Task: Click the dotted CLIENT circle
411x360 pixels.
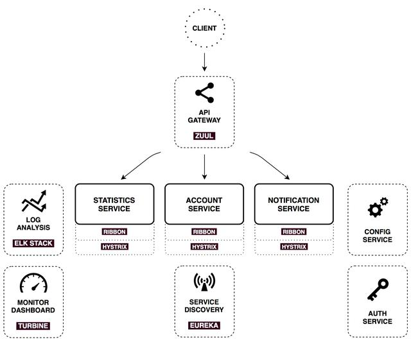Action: [204, 28]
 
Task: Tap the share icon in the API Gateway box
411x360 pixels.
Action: [204, 94]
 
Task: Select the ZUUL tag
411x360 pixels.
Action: [204, 136]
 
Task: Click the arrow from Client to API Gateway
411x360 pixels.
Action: [204, 62]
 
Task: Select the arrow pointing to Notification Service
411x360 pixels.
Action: [270, 165]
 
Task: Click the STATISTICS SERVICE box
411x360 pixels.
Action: [114, 204]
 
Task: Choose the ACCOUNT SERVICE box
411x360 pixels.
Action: [204, 204]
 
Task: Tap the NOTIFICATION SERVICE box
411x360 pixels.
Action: [293, 204]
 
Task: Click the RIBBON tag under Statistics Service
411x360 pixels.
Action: [114, 232]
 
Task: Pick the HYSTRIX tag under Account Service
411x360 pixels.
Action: [204, 246]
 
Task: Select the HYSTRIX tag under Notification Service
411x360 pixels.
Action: [293, 246]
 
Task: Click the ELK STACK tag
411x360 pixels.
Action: [33, 243]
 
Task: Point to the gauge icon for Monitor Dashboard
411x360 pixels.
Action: [33, 284]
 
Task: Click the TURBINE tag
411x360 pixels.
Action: [33, 325]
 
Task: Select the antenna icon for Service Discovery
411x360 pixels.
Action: [204, 282]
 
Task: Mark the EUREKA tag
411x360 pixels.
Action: [204, 325]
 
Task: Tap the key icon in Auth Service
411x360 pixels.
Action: [377, 291]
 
